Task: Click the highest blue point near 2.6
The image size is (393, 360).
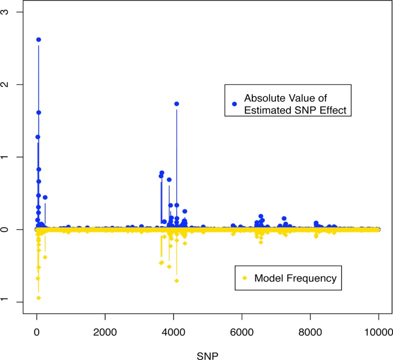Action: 39,40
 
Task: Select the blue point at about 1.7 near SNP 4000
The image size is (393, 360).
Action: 177,104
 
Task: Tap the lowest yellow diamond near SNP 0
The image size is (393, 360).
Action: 39,298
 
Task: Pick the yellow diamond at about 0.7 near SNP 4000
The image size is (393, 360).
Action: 177,280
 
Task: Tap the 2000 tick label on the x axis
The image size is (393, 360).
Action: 105,331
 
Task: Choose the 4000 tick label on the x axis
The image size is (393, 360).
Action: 174,331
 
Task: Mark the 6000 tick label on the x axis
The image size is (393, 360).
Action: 242,331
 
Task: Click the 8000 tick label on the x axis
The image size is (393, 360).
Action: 310,331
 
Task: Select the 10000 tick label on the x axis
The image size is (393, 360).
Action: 378,331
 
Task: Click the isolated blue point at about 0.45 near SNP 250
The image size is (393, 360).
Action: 45,197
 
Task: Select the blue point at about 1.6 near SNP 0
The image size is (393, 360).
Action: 39,113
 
